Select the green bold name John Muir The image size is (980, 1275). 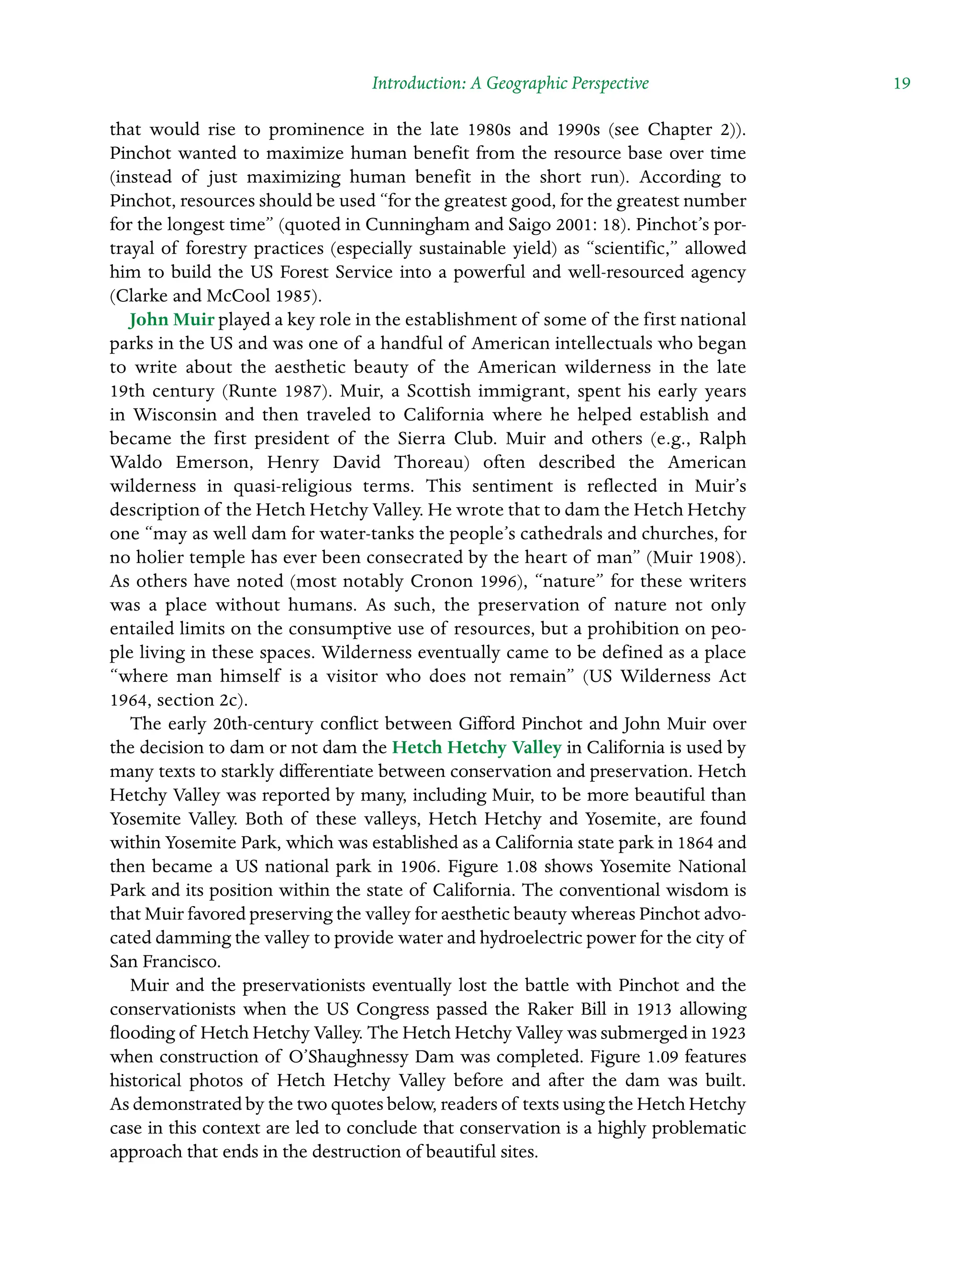point(171,320)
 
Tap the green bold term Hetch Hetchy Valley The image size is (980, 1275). point(476,748)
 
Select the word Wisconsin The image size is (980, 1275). point(176,415)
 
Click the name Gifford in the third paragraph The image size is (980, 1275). point(486,724)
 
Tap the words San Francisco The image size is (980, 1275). point(165,962)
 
